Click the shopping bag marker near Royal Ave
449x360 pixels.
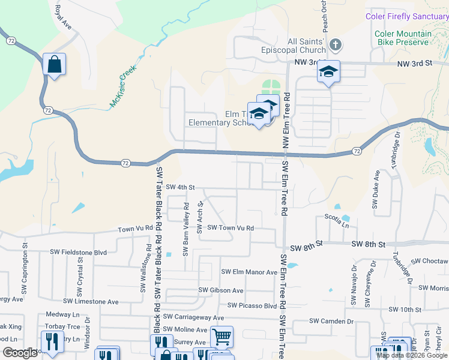pos(54,64)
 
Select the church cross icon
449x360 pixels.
pos(336,44)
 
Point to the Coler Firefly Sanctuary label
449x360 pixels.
pos(406,16)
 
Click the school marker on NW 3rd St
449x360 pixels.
pos(328,71)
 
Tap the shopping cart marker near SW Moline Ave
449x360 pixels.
pos(221,337)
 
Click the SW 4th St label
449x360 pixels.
pos(181,187)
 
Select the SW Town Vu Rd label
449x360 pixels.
pos(231,228)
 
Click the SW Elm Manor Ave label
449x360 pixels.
pos(249,272)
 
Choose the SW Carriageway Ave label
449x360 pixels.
pos(193,317)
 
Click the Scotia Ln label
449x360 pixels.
pos(336,217)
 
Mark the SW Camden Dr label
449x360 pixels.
pos(331,321)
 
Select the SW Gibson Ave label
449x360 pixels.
pos(221,290)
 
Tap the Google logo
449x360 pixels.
pos(20,353)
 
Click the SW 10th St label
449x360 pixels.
pos(405,310)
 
